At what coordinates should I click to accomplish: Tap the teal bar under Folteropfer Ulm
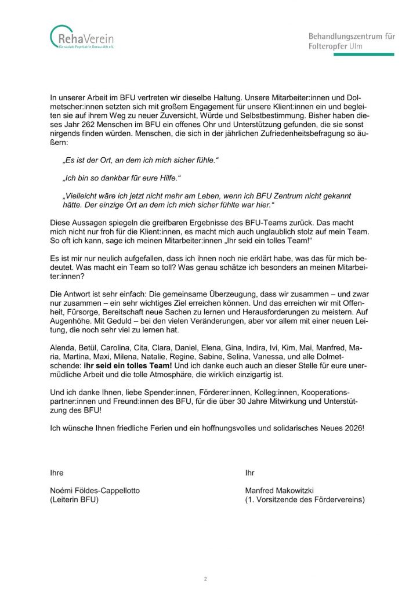tap(351, 55)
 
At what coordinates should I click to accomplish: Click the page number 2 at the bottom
tap(205, 579)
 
